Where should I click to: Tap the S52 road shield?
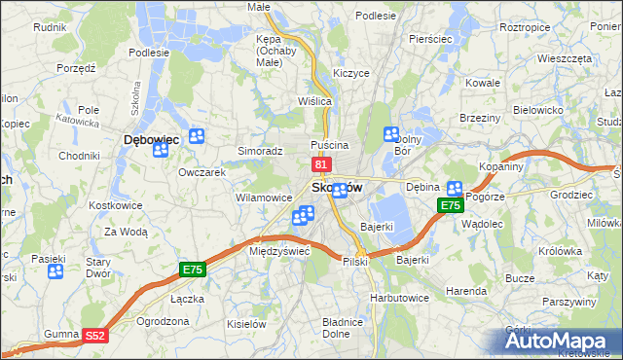(94, 335)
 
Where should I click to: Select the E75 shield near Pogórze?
(450, 205)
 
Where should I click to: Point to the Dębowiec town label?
(152, 140)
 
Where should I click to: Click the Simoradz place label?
(260, 152)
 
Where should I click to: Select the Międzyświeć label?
(279, 250)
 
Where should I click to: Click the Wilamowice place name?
(264, 198)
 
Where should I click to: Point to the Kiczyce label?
(350, 73)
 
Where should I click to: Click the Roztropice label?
(526, 27)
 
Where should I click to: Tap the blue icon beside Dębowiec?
(198, 137)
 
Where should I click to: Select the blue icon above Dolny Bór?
(392, 135)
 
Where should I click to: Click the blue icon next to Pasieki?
(55, 271)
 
